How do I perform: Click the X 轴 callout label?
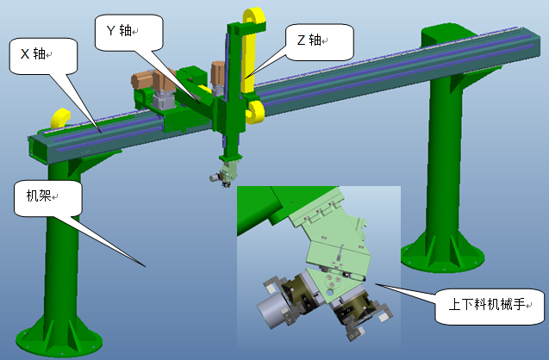click(x=34, y=54)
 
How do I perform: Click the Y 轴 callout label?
click(x=119, y=30)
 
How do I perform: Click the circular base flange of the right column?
click(x=443, y=258)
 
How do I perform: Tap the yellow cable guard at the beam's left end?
click(x=60, y=118)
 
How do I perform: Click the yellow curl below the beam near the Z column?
click(x=256, y=112)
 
